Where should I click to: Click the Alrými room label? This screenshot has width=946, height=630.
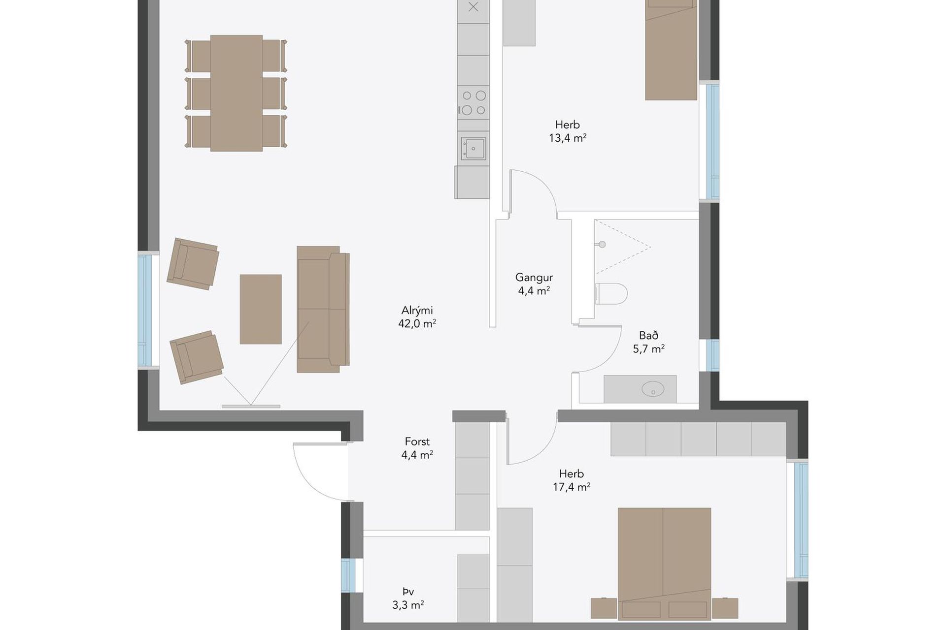coord(417,311)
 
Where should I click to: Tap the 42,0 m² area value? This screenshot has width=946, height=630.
coord(417,323)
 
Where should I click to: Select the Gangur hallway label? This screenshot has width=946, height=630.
coord(534,278)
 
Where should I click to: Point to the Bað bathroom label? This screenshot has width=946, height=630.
coord(648,336)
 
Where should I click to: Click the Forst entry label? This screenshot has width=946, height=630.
coord(417,441)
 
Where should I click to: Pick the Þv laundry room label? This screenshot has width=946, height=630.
coord(408,592)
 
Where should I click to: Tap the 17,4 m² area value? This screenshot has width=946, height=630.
coord(572,487)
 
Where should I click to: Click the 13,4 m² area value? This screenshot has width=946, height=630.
coord(568,138)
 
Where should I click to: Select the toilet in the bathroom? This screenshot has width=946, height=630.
coord(611,294)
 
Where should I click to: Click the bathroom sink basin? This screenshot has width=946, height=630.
coord(653,389)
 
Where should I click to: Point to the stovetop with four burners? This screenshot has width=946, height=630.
coord(473,102)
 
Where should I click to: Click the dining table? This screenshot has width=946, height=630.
coord(236,93)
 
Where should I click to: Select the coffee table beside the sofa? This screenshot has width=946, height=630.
coord(261,309)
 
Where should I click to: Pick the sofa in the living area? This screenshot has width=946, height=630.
coord(323,309)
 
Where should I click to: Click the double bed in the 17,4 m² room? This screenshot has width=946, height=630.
coord(664,563)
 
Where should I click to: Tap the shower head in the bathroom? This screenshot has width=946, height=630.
coord(602,244)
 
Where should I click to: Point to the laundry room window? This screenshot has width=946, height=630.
coord(348,575)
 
